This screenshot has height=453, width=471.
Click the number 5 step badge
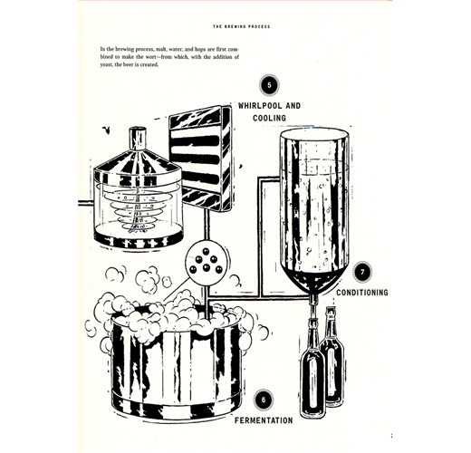(x=269, y=85)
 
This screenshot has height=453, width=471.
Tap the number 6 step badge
(x=264, y=400)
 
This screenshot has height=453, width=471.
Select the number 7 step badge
(x=362, y=272)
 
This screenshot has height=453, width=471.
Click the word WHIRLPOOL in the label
(x=260, y=106)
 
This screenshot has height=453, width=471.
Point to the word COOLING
(x=269, y=118)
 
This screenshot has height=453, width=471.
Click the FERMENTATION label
(x=264, y=420)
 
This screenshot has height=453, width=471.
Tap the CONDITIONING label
(x=362, y=293)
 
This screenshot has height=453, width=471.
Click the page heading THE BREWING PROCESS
(x=242, y=26)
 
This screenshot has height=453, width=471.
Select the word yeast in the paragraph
(x=106, y=64)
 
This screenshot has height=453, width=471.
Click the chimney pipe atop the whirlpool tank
(x=138, y=139)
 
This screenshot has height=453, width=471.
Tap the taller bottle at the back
(x=332, y=356)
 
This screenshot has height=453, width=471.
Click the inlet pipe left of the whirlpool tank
(x=86, y=203)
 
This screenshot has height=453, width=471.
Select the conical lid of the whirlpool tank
(x=138, y=163)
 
